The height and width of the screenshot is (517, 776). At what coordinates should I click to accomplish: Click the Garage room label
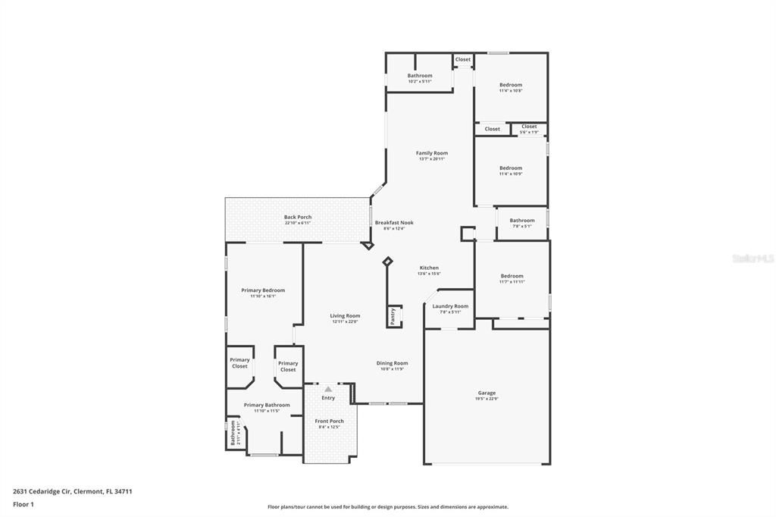487,393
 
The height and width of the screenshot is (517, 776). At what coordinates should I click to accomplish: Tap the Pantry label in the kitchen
393,316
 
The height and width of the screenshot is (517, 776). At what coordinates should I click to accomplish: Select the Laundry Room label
451,306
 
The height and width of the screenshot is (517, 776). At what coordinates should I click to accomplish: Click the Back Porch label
298,217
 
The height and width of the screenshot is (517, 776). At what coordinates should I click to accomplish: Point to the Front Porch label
329,421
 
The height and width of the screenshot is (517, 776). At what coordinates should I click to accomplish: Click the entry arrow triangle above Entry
328,389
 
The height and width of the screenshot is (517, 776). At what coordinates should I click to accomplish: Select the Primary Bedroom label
263,290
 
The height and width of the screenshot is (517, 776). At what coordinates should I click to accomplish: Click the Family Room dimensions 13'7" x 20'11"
432,159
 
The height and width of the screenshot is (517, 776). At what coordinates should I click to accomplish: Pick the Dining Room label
392,363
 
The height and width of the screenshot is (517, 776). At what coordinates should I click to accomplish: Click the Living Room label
345,315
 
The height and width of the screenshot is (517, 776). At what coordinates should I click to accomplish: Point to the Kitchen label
429,268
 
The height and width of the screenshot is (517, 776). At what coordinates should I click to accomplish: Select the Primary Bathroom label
267,405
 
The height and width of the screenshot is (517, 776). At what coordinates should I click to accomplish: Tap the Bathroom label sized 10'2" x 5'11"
420,76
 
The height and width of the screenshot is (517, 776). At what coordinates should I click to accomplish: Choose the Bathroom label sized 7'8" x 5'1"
521,221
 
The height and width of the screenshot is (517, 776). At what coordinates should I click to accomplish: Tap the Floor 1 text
23,504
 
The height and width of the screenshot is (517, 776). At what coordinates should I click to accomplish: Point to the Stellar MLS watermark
752,258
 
